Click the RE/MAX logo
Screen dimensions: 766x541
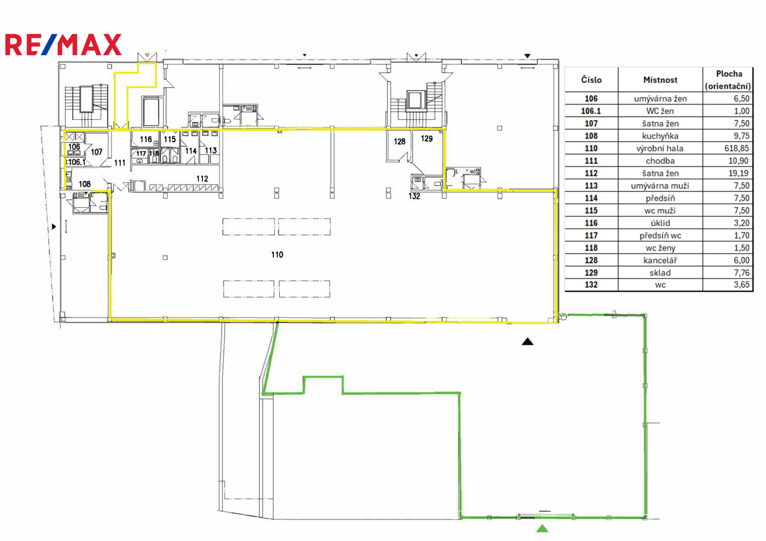[63, 45]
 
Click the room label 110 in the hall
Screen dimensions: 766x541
[277, 255]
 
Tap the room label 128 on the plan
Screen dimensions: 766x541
[399, 142]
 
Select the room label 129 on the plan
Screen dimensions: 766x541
[427, 138]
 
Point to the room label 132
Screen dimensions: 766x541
[414, 196]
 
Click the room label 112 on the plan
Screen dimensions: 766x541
[202, 178]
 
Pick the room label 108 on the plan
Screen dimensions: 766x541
[85, 184]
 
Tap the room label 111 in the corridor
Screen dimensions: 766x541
[120, 163]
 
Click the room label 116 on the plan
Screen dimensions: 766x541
[146, 140]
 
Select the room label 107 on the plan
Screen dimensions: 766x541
[96, 152]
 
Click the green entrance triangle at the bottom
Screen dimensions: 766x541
[543, 528]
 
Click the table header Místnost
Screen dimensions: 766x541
[660, 80]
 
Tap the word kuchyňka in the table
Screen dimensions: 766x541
[660, 136]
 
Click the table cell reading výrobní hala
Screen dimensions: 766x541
[660, 148]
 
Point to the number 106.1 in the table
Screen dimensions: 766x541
[591, 111]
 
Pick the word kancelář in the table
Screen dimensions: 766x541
[660, 260]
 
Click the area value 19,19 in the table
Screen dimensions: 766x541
[738, 173]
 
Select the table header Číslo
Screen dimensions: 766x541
[591, 80]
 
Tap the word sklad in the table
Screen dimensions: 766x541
[660, 273]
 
